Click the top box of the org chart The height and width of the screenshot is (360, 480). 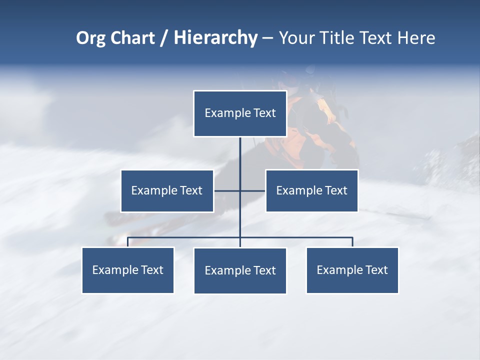click(240, 113)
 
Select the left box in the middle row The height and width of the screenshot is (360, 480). click(167, 190)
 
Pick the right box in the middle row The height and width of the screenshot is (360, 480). click(312, 190)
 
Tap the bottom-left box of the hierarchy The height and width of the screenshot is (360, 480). click(128, 270)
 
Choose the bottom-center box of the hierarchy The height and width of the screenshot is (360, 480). click(240, 270)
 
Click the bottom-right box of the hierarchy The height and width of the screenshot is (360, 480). click(352, 270)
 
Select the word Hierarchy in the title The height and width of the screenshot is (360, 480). click(215, 38)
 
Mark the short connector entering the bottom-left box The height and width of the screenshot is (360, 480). click(128, 242)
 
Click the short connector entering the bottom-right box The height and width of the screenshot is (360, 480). click(352, 242)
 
